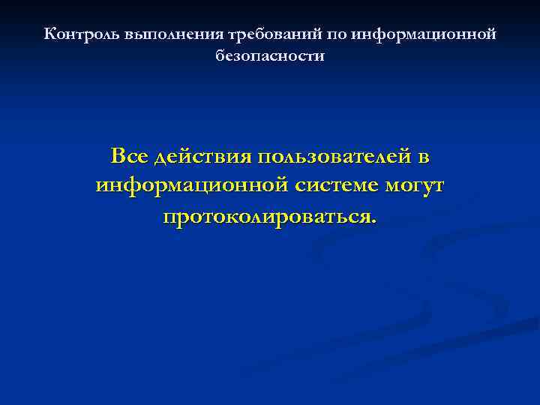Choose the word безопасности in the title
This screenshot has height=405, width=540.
(x=270, y=56)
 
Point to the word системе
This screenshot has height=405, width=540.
(x=335, y=186)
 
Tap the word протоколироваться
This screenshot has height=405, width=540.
(x=267, y=217)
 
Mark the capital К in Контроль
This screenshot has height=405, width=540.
(x=49, y=34)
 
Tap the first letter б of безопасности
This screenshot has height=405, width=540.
(x=219, y=56)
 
